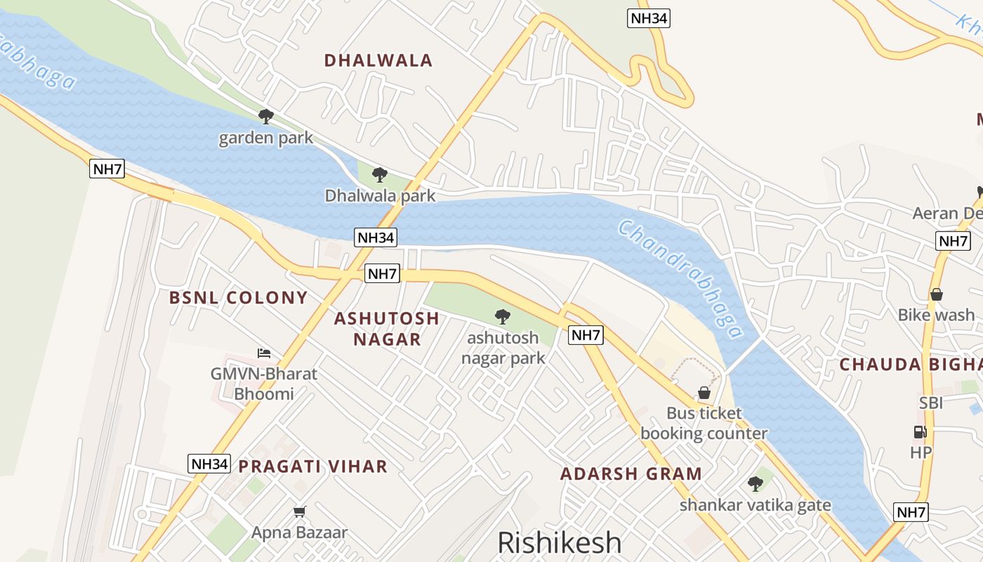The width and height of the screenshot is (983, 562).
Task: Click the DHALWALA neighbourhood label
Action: pyautogui.click(x=378, y=60)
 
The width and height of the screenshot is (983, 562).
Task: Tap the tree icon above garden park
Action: pyautogui.click(x=265, y=116)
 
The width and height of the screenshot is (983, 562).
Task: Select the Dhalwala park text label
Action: pyautogui.click(x=380, y=195)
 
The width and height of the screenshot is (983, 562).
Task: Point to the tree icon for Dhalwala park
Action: pyautogui.click(x=379, y=174)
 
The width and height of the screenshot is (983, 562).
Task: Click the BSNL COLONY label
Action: pyautogui.click(x=238, y=297)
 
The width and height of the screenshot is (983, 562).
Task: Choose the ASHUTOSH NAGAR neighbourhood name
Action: pyautogui.click(x=387, y=328)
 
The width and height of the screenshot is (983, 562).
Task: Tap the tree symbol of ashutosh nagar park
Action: pyautogui.click(x=502, y=316)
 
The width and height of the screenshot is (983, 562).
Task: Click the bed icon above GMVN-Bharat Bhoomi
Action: pyautogui.click(x=264, y=353)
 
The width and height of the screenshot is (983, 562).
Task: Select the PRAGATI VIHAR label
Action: pyautogui.click(x=312, y=466)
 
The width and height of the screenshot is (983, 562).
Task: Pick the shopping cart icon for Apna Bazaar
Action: pyautogui.click(x=300, y=511)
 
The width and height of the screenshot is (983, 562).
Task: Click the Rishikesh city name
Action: pyautogui.click(x=559, y=542)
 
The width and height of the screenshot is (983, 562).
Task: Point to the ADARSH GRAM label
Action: pyautogui.click(x=631, y=473)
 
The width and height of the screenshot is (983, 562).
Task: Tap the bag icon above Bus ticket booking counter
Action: pyautogui.click(x=704, y=393)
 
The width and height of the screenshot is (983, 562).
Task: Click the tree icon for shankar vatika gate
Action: pyautogui.click(x=755, y=483)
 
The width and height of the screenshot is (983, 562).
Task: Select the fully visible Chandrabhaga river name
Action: pyautogui.click(x=680, y=280)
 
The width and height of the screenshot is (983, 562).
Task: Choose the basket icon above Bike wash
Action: pyautogui.click(x=936, y=294)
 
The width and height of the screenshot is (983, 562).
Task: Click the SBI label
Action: pyautogui.click(x=931, y=403)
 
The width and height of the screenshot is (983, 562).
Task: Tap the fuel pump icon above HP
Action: pyautogui.click(x=920, y=432)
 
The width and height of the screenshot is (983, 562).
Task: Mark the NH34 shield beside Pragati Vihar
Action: pyautogui.click(x=209, y=464)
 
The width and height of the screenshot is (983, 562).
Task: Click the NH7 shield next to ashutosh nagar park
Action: pyautogui.click(x=586, y=335)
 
